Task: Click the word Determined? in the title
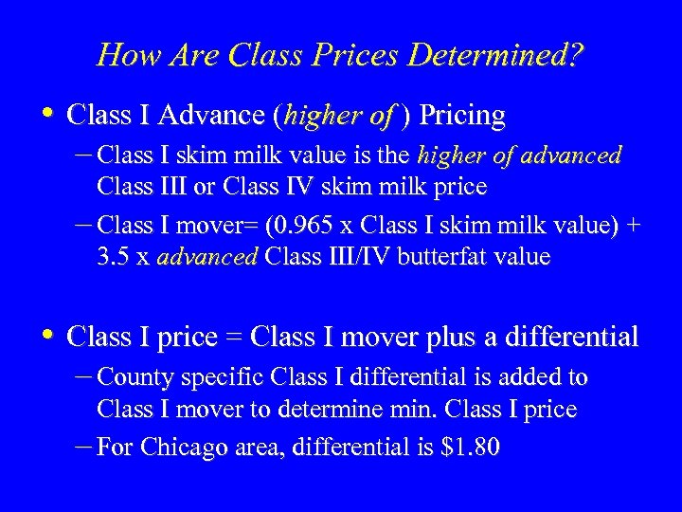click(495, 55)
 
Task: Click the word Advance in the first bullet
click(211, 116)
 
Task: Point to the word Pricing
click(462, 116)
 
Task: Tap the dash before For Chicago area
click(83, 445)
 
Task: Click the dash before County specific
click(83, 376)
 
